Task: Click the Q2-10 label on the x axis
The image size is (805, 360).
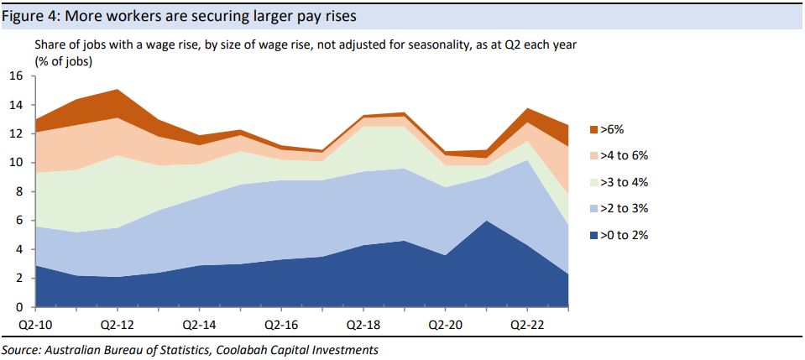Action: (x=34, y=322)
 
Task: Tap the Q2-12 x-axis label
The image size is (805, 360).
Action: (x=116, y=322)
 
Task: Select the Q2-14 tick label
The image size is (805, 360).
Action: (x=198, y=322)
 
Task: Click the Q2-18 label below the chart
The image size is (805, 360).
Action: (x=362, y=322)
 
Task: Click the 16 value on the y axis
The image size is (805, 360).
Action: (x=16, y=76)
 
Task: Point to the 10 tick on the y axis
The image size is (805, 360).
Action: (x=16, y=163)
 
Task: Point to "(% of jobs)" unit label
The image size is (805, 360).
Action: (x=64, y=61)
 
